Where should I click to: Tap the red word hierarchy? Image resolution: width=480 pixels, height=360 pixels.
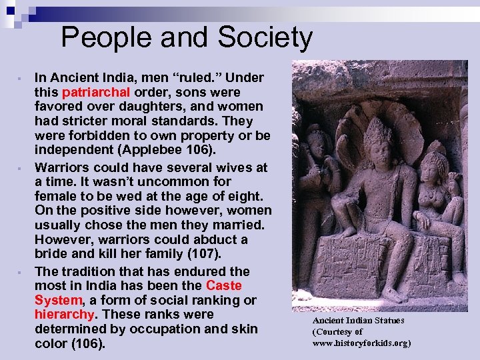pos(65,315)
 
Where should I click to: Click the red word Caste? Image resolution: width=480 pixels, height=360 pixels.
pos(224,286)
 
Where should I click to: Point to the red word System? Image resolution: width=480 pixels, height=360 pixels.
pos(58,301)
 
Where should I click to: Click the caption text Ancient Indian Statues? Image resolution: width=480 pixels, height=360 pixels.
pos(358,321)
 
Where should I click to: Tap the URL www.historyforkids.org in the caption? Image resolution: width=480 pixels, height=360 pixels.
pos(361,343)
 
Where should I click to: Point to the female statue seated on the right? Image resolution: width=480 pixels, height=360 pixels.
pos(436,200)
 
